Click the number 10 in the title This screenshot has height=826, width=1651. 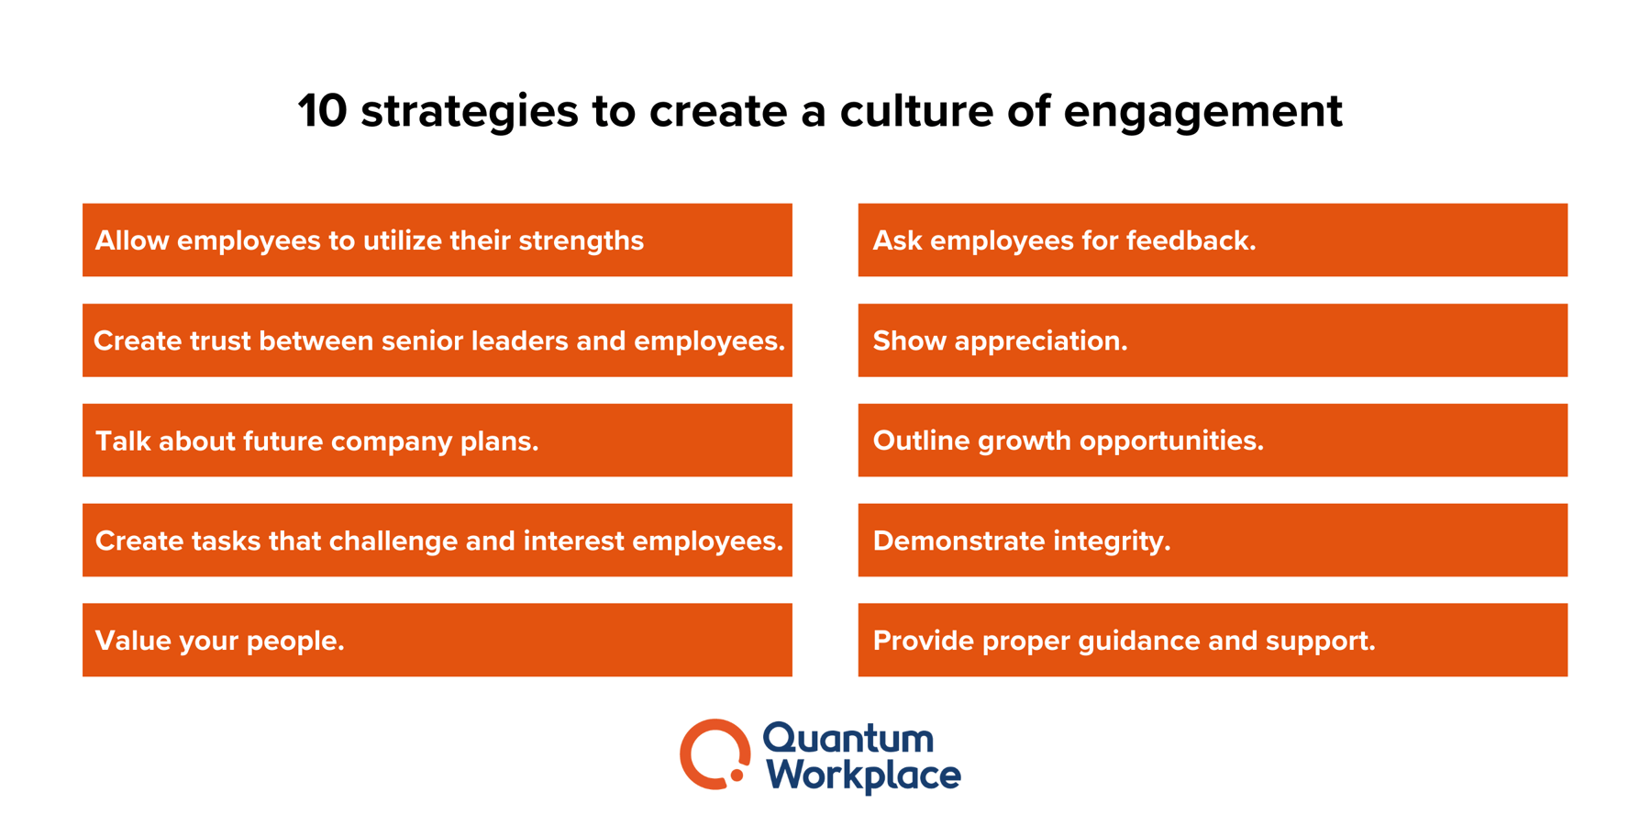(x=322, y=111)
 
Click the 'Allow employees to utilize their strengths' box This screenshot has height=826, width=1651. (x=437, y=240)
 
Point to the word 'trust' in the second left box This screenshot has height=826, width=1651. (x=219, y=340)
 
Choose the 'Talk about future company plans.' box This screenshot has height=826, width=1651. (x=437, y=441)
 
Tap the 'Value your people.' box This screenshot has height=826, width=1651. (x=437, y=641)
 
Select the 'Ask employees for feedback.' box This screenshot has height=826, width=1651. (x=1212, y=240)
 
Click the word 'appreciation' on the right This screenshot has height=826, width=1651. (x=1040, y=341)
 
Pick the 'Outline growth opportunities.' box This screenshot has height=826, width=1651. (x=1212, y=441)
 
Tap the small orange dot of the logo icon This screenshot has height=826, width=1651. (x=737, y=776)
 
